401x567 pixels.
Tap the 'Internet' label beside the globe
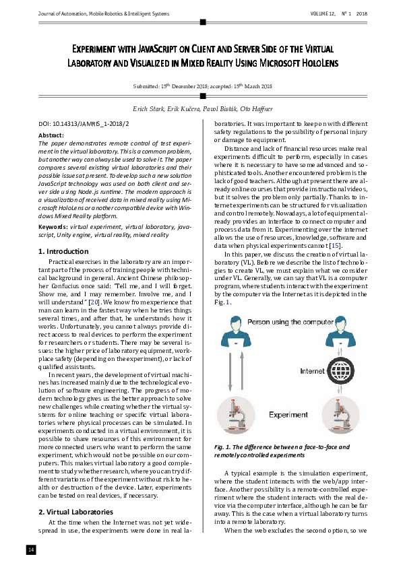pyautogui.click(x=313, y=370)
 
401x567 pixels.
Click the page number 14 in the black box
pyautogui.click(x=30, y=550)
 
